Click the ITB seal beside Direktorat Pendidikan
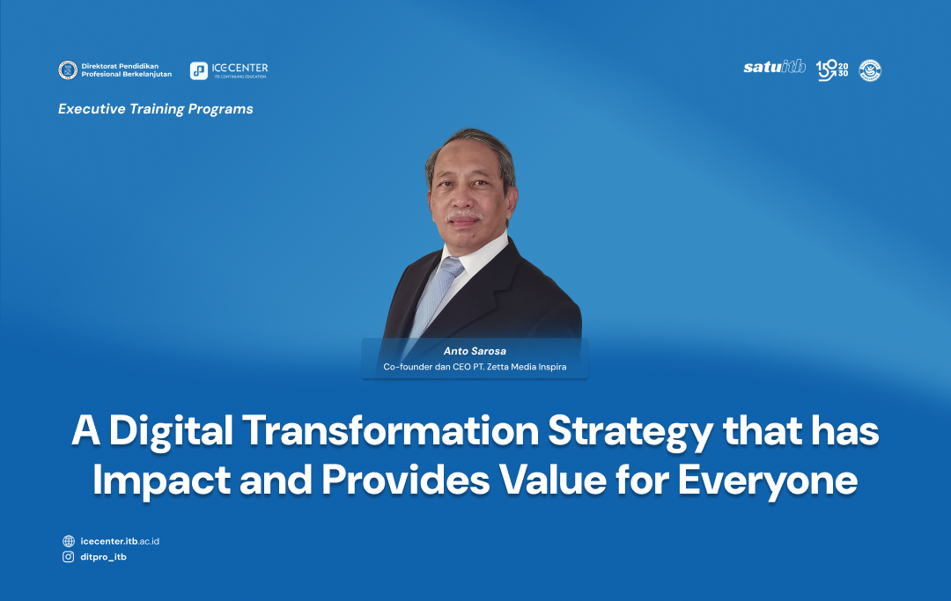67,70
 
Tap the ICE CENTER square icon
199,71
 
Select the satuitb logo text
775,67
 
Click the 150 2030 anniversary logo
832,70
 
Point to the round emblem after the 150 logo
870,70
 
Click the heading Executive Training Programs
156,109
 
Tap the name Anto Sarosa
475,351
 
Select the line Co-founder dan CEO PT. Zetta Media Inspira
475,367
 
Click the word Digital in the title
171,432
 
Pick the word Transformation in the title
391,431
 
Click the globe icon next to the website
69,541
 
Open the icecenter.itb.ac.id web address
120,541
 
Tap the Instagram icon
69,557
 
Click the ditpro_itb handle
103,557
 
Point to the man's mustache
464,216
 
